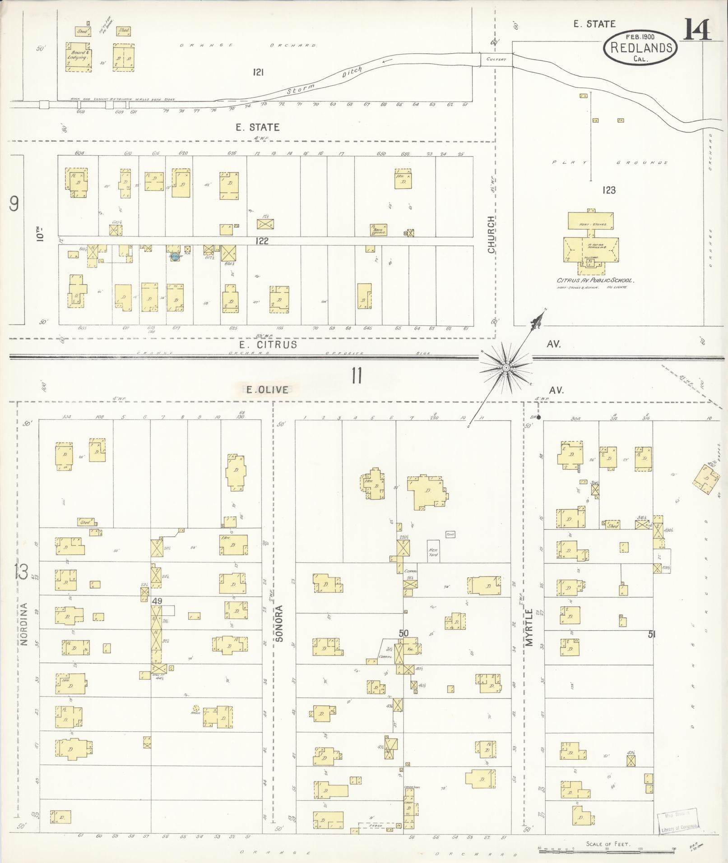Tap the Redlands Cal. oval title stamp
pos(640,47)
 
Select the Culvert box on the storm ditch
pos(496,59)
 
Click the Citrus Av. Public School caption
pos(595,280)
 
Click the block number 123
pos(608,190)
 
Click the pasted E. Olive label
pos(267,389)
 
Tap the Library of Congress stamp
pos(679,822)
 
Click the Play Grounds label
pos(609,162)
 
